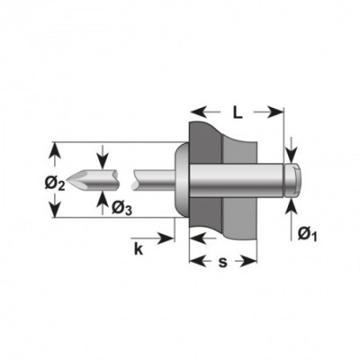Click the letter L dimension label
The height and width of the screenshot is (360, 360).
click(238, 112)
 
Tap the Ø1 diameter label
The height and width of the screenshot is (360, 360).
click(307, 234)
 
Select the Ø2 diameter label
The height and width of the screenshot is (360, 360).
click(54, 184)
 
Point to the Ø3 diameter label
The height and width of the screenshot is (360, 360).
click(122, 208)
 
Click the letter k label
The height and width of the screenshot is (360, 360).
click(139, 249)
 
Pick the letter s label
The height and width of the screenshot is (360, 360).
click(223, 262)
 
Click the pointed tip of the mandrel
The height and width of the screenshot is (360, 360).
click(67, 179)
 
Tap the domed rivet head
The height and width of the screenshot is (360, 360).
click(182, 180)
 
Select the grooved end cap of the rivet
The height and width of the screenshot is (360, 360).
click(292, 180)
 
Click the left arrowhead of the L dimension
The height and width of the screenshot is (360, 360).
click(198, 112)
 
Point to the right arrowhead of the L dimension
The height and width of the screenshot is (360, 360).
click(275, 112)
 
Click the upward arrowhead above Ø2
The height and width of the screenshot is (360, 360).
click(54, 150)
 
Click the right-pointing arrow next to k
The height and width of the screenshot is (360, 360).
click(152, 238)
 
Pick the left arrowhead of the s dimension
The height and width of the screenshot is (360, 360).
click(198, 261)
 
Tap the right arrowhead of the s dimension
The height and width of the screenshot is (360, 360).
click(248, 261)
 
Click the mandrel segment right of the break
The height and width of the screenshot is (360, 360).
click(154, 179)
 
